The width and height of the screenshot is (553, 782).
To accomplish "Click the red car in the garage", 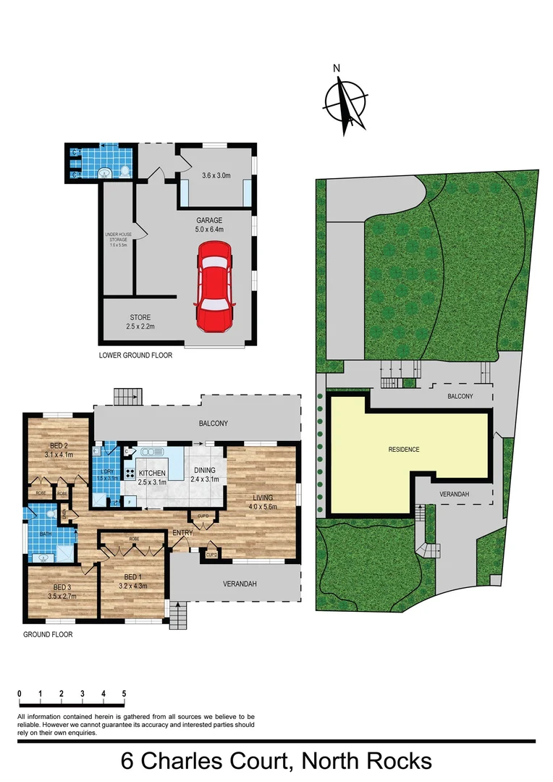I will pyautogui.click(x=214, y=286).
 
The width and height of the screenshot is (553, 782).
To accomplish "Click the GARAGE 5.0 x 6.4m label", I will pyautogui.click(x=209, y=225).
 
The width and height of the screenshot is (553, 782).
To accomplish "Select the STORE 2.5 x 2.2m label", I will pyautogui.click(x=141, y=322).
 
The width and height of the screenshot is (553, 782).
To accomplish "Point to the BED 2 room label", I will pyautogui.click(x=59, y=450).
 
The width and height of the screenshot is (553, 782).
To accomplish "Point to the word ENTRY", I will pyautogui.click(x=182, y=534).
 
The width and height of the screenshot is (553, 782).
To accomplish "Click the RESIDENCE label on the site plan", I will pyautogui.click(x=404, y=450).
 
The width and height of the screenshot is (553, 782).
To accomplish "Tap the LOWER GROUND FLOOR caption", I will pyautogui.click(x=135, y=356).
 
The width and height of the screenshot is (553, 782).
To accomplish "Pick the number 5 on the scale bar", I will pyautogui.click(x=124, y=694).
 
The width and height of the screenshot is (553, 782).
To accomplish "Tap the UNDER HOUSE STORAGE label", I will pyautogui.click(x=117, y=238).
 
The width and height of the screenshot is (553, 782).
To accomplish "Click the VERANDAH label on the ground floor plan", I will pyautogui.click(x=240, y=584).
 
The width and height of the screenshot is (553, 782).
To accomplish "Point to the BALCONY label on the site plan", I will pyautogui.click(x=460, y=396).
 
